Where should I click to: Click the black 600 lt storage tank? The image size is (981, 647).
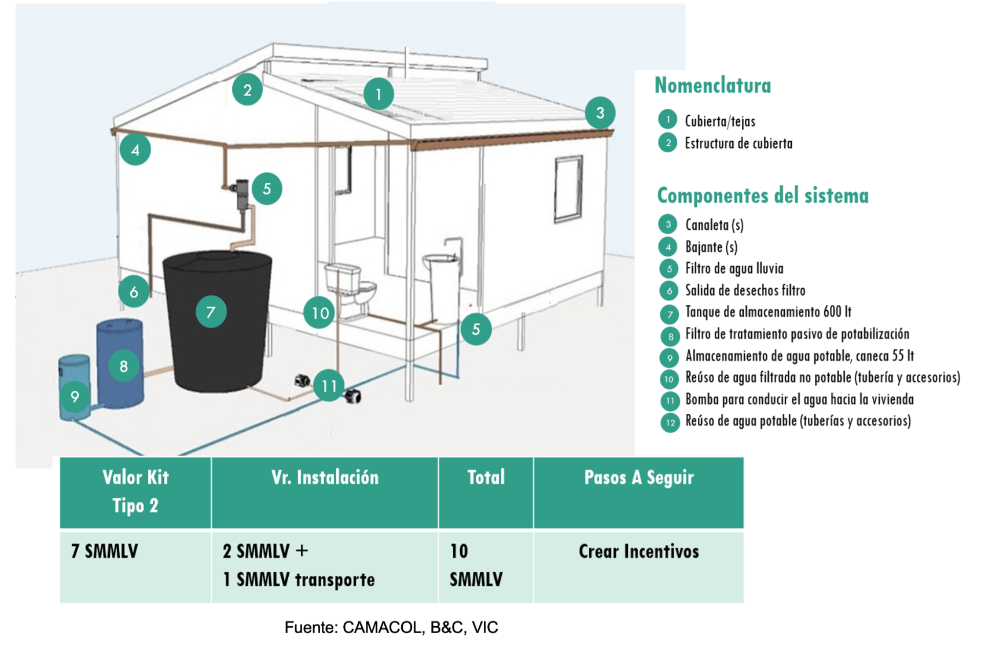point(217,322)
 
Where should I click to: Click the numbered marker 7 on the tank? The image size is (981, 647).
point(211,312)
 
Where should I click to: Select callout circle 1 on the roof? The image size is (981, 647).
point(379,94)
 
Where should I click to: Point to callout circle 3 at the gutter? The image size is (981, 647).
point(600,113)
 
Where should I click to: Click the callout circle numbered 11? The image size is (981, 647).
point(329,385)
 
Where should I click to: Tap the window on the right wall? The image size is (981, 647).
point(568,189)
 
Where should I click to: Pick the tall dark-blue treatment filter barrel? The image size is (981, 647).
point(120,363)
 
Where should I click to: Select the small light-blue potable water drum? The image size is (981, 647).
point(75,388)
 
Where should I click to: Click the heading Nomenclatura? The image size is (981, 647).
point(712,85)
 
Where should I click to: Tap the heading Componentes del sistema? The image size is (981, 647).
point(762,196)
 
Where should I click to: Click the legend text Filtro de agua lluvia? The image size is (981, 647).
point(734,269)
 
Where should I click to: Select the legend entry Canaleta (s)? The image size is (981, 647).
point(714,225)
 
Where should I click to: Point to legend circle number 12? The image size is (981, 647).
point(670,422)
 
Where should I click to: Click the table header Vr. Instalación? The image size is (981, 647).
point(325,477)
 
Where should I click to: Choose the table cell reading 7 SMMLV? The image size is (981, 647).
point(105,551)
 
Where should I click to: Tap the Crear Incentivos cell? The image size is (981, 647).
point(638,551)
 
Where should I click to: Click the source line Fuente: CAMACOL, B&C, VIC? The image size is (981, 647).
point(391,627)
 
